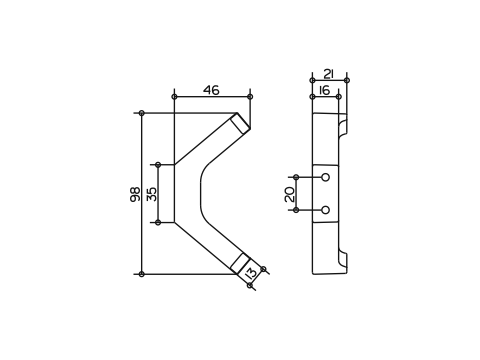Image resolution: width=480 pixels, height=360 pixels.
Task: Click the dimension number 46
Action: coord(212,90)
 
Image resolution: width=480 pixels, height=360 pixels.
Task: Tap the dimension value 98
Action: coord(135,194)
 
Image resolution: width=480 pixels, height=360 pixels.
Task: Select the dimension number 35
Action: coord(152,194)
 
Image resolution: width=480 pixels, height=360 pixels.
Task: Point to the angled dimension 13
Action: coord(251,273)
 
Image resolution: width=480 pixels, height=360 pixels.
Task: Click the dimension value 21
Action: coord(329,74)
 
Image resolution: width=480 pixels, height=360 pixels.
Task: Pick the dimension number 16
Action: coord(324,90)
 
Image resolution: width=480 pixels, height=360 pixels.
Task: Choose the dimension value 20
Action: coord(290,194)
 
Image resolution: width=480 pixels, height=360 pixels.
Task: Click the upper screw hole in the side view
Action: coord(326,177)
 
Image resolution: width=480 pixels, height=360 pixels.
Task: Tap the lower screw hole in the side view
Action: coord(326,210)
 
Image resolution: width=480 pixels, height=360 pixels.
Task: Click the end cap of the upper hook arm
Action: coord(241,122)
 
